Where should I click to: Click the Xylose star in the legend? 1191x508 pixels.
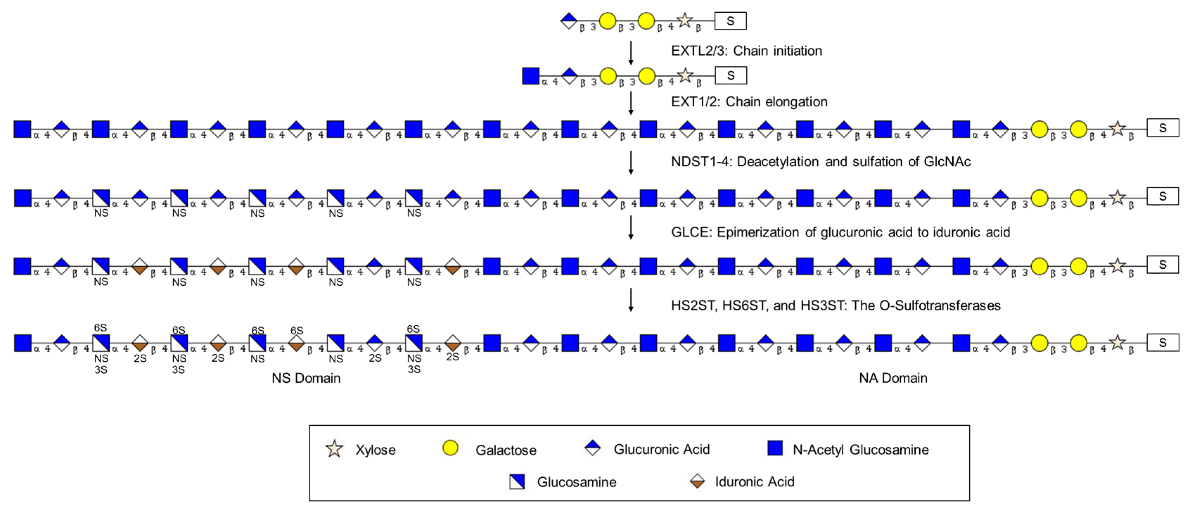point(334,449)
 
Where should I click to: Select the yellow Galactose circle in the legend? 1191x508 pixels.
point(450,448)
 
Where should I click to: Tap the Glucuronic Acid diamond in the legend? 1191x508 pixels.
point(592,448)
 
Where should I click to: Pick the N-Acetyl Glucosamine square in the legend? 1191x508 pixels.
point(775,448)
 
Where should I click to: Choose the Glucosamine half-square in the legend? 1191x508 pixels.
point(517,482)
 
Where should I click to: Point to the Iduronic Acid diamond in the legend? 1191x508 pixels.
point(697,482)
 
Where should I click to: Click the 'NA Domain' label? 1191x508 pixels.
point(893,378)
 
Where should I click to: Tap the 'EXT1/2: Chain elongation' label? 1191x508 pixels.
point(749,102)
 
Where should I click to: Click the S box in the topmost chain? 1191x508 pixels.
point(730,21)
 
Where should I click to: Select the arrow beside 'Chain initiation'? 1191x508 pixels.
point(631,53)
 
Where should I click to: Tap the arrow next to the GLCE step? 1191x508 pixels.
point(631,228)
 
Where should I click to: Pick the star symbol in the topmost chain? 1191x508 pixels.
point(684,20)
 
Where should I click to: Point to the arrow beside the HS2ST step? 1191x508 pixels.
point(631,300)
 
